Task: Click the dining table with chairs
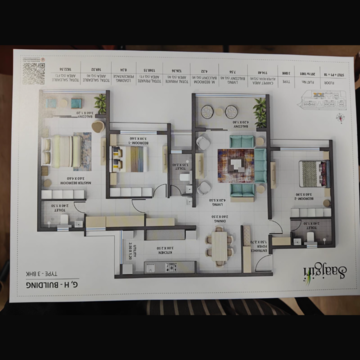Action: click(222, 242)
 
